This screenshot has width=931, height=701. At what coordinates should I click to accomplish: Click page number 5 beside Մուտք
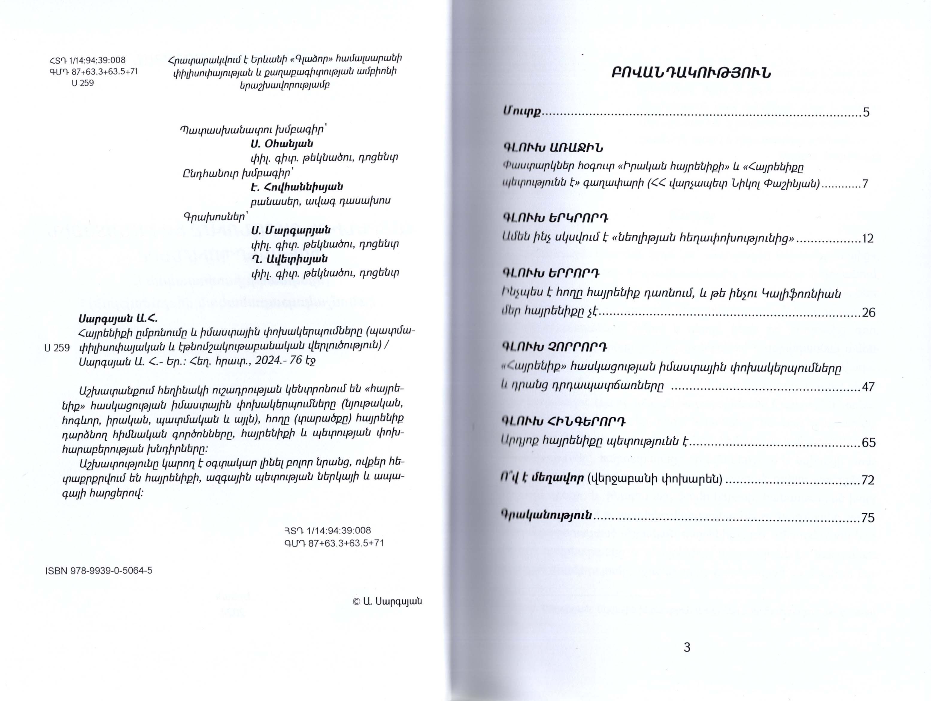[866, 112]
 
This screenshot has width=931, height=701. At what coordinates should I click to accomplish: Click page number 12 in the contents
[868, 239]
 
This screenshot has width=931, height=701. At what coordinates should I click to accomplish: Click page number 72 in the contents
[868, 480]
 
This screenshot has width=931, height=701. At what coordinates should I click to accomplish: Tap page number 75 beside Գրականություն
[868, 518]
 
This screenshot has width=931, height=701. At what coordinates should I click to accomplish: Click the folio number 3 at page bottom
[687, 647]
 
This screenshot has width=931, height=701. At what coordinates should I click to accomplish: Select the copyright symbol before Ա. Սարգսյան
[356, 602]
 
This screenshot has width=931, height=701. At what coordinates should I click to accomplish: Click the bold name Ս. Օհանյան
[282, 144]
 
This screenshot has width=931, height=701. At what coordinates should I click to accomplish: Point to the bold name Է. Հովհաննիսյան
[297, 186]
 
